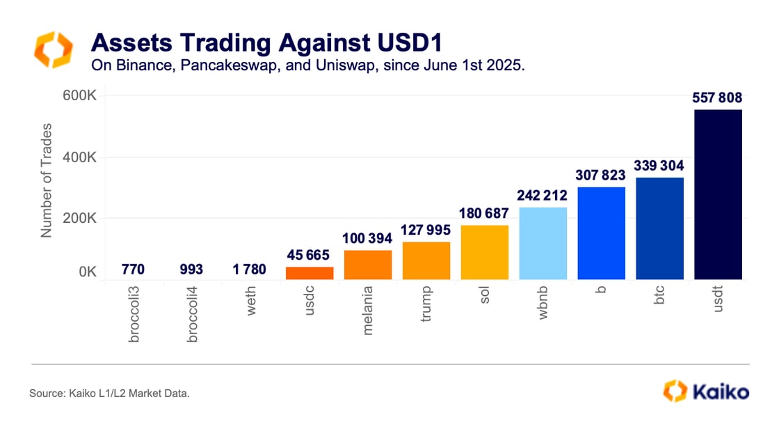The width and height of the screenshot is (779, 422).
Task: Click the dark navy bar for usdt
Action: coord(718,194)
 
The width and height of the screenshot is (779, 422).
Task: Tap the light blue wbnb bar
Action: coord(543,243)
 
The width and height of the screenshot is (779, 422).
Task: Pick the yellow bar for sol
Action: coord(484,252)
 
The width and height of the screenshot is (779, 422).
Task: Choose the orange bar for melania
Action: coord(368,265)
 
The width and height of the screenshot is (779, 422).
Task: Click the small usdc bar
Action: coord(310,273)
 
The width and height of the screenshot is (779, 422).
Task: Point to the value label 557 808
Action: coord(718,97)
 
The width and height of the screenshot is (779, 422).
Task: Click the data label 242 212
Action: coord(543,196)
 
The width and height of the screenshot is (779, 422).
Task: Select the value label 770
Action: coord(134,269)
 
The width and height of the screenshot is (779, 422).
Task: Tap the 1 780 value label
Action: coord(250,269)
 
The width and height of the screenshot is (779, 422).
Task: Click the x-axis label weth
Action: coord(251,301)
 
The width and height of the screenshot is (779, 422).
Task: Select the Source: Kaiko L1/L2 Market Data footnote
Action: coord(109,393)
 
